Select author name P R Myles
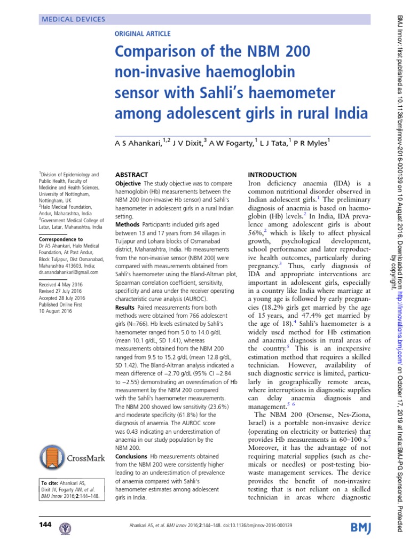click(x=313, y=143)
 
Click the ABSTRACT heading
click(x=132, y=175)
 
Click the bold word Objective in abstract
click(x=131, y=183)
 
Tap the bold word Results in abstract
click(x=128, y=308)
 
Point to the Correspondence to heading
click(x=61, y=239)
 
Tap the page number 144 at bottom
click(x=45, y=526)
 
